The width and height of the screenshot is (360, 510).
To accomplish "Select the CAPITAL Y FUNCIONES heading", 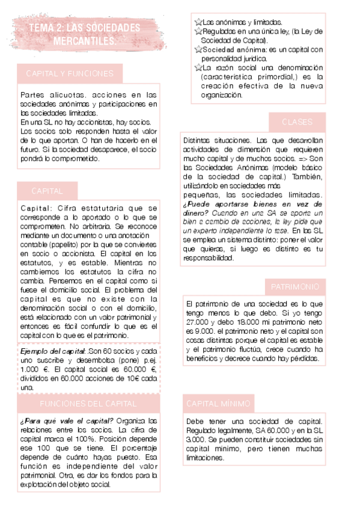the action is (70, 73).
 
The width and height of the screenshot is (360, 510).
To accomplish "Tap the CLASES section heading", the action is (297, 122).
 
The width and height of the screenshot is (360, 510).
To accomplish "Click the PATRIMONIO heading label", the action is (295, 286).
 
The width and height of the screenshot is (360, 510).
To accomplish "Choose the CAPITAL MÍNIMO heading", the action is (218, 403).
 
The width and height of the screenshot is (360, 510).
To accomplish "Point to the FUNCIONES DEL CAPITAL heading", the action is (88, 403).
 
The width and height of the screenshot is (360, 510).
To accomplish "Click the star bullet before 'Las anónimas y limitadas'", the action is (198, 22).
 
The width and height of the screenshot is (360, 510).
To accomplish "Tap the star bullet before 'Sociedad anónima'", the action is (198, 49).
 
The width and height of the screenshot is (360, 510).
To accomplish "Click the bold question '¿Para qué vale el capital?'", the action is (67, 420).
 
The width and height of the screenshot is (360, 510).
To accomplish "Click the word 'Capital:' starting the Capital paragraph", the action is (37, 209).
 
